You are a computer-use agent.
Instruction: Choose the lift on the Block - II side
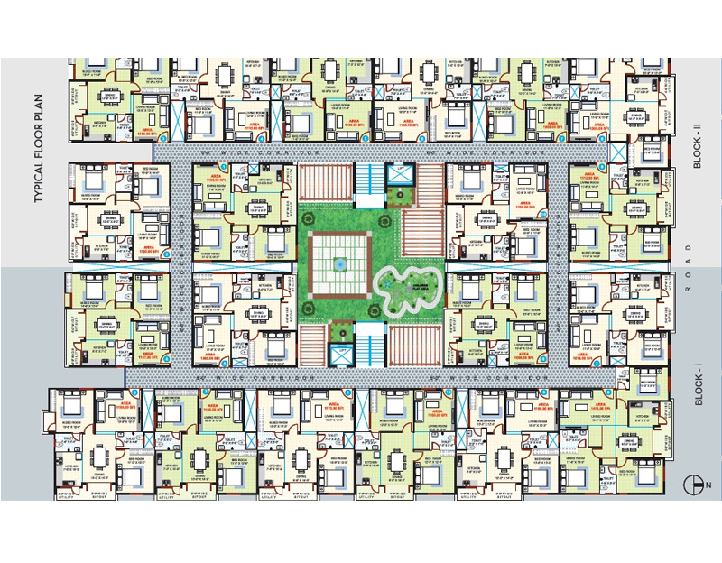pos(396,172)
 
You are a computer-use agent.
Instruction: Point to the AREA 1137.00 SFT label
pos(146,353)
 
